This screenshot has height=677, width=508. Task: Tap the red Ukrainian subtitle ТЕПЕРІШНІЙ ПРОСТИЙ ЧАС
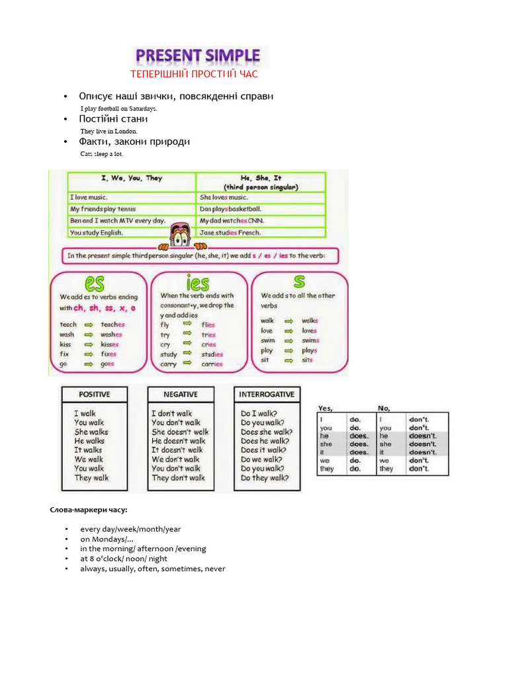point(194,74)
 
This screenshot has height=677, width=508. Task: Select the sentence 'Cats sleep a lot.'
point(102,153)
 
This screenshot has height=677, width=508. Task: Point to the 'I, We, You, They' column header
point(132,179)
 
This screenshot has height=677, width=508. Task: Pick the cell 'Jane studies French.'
point(231,233)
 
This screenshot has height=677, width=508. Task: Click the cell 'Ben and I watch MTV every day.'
point(118,221)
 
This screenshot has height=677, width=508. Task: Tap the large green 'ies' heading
point(198,283)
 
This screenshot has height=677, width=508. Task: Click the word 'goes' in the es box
point(107,364)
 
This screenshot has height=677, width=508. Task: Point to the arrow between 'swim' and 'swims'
point(288,340)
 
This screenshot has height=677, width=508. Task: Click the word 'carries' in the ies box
point(212,364)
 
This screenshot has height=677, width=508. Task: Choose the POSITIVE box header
point(95,394)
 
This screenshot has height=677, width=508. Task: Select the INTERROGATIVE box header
point(267,394)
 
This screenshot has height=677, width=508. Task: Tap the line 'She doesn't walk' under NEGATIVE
point(180,432)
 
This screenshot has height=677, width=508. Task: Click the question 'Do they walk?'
point(265,478)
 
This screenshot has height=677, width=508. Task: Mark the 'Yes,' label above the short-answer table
point(326,408)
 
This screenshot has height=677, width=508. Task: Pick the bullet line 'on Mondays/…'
point(107,539)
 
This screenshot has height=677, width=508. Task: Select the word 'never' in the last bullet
point(215,569)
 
